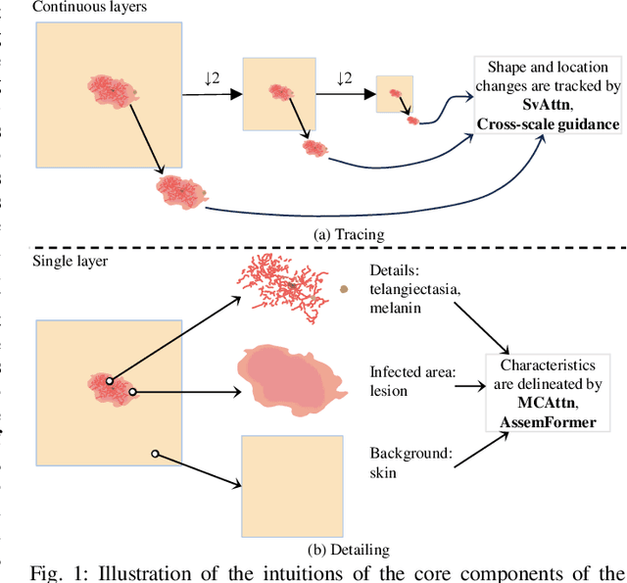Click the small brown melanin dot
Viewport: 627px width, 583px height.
[x=343, y=289]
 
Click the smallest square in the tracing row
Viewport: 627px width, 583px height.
[x=396, y=94]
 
